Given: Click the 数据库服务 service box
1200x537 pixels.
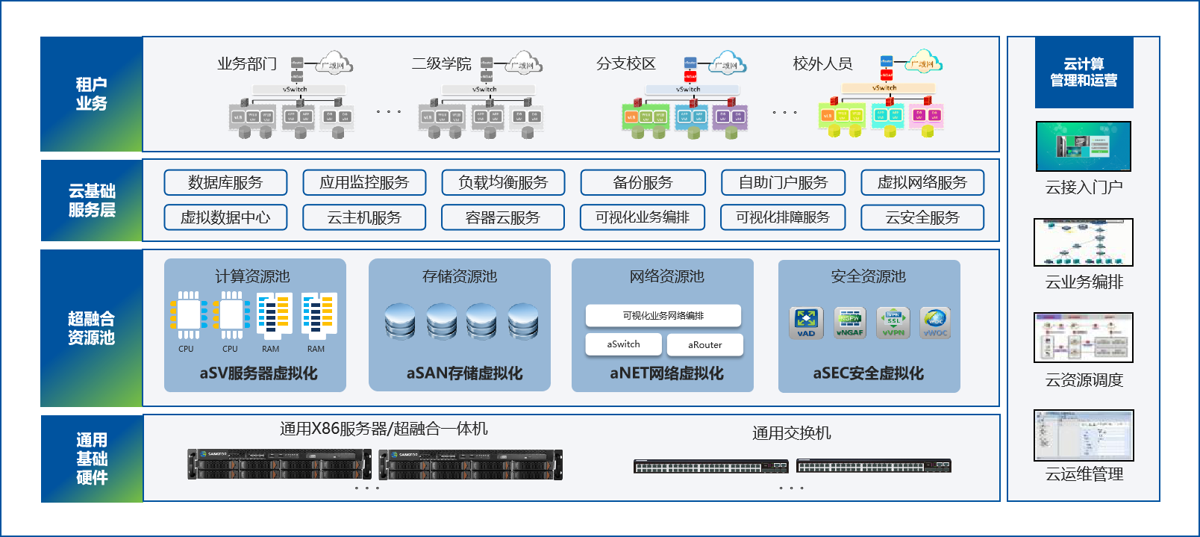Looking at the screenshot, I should [225, 182].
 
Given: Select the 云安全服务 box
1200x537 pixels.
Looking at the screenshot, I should [922, 217].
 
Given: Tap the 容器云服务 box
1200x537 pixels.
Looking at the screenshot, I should [502, 217].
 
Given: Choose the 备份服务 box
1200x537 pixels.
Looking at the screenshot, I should [643, 182].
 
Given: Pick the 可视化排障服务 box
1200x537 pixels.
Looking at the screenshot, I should [783, 217].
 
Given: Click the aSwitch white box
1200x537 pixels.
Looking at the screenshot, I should [624, 344].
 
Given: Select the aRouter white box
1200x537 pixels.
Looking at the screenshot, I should [705, 345].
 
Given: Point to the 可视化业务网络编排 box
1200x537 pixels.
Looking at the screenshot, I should [663, 316].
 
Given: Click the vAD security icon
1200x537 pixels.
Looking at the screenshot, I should [806, 323].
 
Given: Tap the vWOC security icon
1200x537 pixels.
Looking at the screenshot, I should [935, 323].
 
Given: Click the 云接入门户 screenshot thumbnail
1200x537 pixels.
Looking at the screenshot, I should [1084, 146].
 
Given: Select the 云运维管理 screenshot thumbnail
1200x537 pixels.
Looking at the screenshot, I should [1084, 435].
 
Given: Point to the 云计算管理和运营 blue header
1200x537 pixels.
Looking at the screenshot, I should [1084, 72].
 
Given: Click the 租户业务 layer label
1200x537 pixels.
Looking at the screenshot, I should [91, 94].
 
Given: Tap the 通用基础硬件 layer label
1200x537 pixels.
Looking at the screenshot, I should [91, 459].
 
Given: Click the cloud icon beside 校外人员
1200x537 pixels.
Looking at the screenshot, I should [923, 62].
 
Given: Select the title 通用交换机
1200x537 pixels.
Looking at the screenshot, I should [791, 433].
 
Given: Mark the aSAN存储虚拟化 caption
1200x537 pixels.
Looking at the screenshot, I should [464, 373].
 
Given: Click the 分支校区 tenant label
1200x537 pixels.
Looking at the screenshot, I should [625, 64].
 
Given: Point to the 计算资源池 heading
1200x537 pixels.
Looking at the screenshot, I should [252, 276].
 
